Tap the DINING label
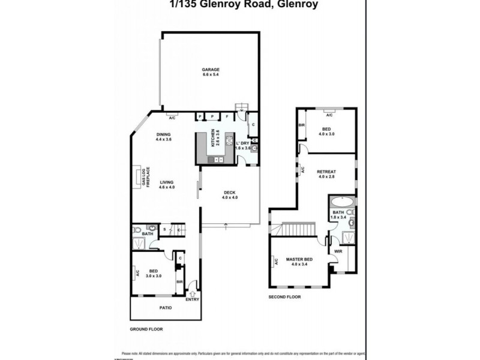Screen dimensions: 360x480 (x=164, y=134)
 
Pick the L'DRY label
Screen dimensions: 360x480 (x=242, y=143)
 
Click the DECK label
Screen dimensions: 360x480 (x=230, y=193)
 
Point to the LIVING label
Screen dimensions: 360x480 (x=166, y=182)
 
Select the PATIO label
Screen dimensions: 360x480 (x=165, y=308)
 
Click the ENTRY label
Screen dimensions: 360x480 (x=192, y=299)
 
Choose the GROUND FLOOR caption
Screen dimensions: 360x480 (x=146, y=329)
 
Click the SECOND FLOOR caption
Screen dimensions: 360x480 (x=286, y=296)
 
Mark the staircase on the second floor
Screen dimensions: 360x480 (x=298, y=229)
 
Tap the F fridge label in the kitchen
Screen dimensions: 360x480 (x=227, y=116)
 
